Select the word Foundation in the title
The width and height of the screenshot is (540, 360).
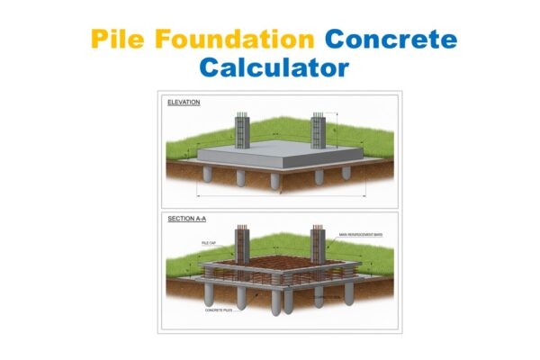231,40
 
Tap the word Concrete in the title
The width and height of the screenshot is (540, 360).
391,40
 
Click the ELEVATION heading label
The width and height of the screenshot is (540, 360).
184,102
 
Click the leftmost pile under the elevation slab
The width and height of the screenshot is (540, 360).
208,172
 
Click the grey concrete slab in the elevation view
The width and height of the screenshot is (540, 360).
270,157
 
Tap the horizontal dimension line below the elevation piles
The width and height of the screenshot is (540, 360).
283,195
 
